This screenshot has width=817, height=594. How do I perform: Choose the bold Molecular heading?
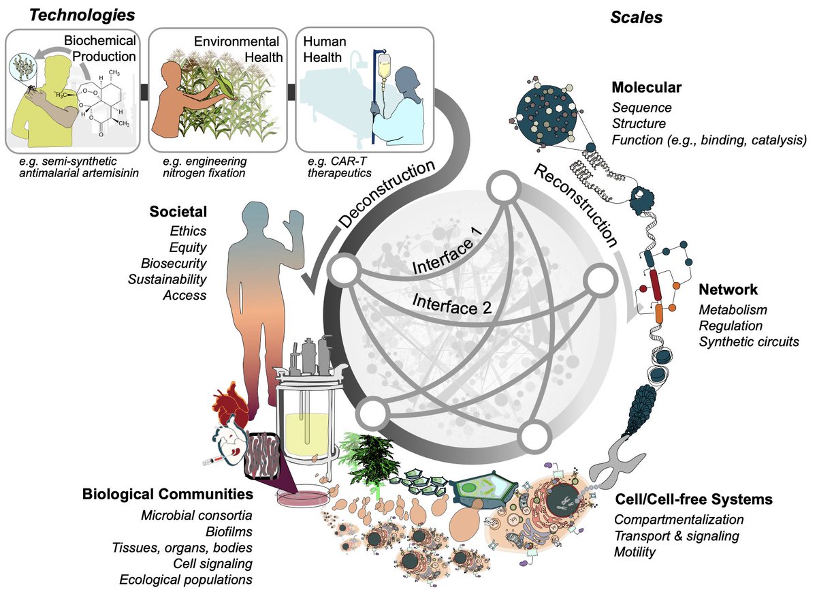tap(646, 88)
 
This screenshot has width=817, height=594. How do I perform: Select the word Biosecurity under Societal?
tap(174, 263)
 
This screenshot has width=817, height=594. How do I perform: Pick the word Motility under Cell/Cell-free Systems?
tap(635, 551)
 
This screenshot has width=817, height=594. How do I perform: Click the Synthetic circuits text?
tap(749, 341)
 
